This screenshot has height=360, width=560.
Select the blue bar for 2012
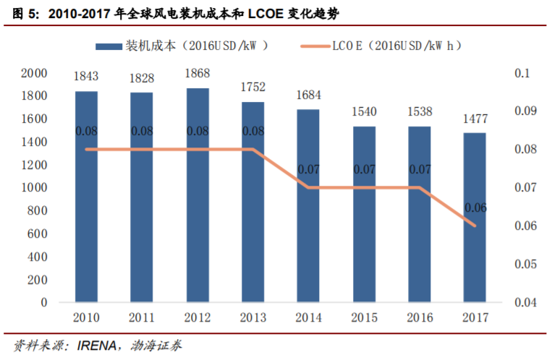click(x=198, y=195)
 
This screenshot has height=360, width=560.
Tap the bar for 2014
click(x=308, y=206)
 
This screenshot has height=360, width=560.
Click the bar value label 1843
click(x=86, y=77)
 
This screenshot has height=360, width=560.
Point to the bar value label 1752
click(x=253, y=87)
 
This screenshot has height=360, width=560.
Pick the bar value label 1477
click(x=475, y=119)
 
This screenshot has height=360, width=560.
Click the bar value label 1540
click(x=364, y=112)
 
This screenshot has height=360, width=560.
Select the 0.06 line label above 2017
click(x=475, y=208)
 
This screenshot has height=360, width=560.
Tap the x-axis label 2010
click(x=86, y=317)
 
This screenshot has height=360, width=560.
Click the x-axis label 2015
click(x=364, y=317)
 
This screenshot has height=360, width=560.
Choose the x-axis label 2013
click(x=253, y=317)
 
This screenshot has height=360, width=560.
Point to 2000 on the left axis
click(x=34, y=73)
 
